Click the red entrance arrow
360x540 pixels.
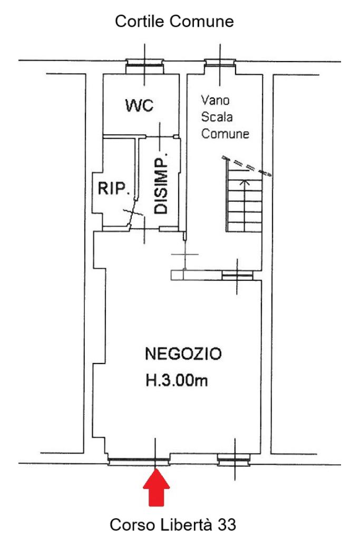[156, 487]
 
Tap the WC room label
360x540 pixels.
[139, 105]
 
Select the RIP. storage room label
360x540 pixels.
[114, 189]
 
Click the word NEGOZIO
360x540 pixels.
[183, 354]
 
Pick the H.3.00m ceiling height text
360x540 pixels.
[177, 380]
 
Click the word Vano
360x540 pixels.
[215, 100]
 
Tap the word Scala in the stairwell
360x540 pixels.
[217, 117]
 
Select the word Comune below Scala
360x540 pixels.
[225, 133]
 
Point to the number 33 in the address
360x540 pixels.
[227, 525]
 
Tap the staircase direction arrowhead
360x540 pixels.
[245, 182]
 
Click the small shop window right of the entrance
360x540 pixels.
[234, 460]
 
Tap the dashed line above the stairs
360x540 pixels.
[247, 166]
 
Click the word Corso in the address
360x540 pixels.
[132, 525]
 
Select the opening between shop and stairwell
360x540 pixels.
[237, 276]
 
